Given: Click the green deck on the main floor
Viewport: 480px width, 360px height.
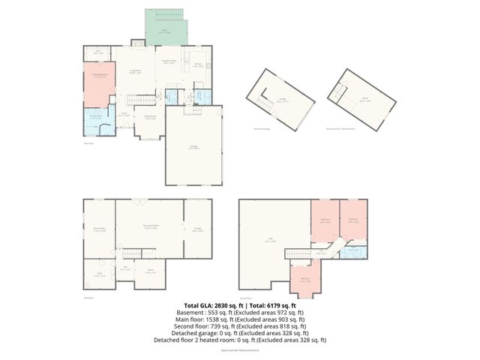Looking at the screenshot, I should coord(158,31).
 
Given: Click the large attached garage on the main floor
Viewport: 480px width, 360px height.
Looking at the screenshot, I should coord(193,148).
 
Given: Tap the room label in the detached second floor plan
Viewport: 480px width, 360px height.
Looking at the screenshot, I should coord(364,100).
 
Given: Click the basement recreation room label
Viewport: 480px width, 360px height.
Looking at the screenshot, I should coord(150,227).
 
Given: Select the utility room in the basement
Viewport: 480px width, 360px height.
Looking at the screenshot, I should coord(97,275).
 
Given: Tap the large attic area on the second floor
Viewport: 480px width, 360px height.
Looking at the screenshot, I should coord(271,240).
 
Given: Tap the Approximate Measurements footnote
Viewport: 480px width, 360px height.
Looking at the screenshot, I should coord(239,350).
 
